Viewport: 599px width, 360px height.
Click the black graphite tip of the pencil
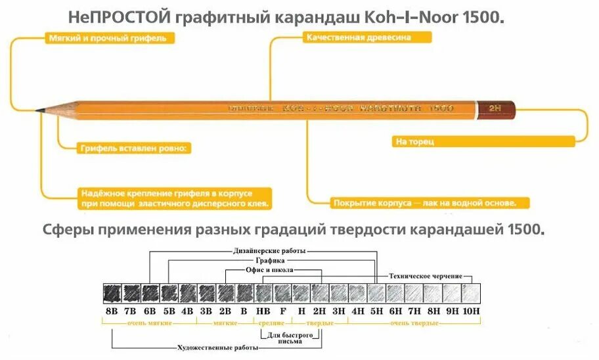[x=43, y=109]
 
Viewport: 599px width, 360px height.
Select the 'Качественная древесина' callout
[x=358, y=37]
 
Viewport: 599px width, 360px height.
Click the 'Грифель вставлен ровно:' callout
[x=134, y=148]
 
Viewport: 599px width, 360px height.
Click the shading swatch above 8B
[x=112, y=293]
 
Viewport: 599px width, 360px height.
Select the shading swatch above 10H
[x=472, y=293]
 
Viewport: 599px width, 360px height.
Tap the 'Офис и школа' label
[x=269, y=270]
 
